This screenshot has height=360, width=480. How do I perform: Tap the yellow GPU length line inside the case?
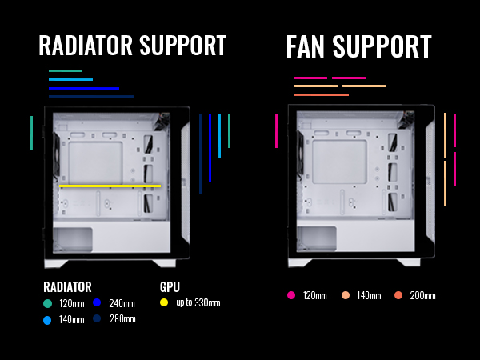click(x=110, y=186)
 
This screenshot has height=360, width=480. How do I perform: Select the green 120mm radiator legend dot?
click(x=48, y=303)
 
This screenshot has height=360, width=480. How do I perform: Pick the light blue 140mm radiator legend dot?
click(x=48, y=319)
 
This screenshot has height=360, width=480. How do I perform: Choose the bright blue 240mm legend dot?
click(x=97, y=303)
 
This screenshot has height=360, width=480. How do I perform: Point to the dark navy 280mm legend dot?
click(x=97, y=319)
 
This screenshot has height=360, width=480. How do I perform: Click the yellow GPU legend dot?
click(x=165, y=303)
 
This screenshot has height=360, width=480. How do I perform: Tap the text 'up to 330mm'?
click(x=197, y=303)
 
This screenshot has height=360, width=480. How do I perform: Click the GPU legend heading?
click(x=170, y=287)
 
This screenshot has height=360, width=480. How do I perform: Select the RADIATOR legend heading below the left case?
click(x=67, y=287)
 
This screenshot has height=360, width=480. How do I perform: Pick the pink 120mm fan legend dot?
click(x=291, y=296)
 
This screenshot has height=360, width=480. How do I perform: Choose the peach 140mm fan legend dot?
click(x=346, y=296)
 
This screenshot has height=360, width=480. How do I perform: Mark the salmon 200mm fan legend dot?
click(x=398, y=296)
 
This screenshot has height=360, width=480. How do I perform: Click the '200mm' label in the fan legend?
click(x=422, y=296)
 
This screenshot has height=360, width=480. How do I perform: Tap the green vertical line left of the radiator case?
click(x=32, y=133)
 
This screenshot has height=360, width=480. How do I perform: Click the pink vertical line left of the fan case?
click(x=276, y=131)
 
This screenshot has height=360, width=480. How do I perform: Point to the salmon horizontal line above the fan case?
click(x=321, y=94)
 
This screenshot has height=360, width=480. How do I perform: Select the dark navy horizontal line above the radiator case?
click(x=91, y=96)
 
